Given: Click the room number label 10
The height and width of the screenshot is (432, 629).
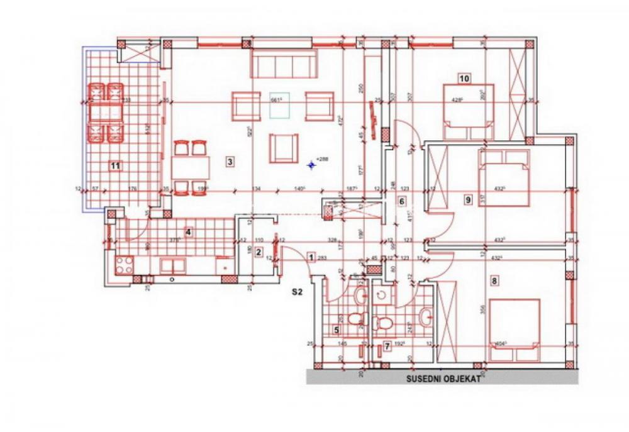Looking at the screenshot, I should pos(464,79).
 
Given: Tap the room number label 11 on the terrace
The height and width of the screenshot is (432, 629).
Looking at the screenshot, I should pos(114,166).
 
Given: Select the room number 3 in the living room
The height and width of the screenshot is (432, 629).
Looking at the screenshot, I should pos(230,162).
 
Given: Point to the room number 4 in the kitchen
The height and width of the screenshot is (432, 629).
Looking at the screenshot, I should pos(187,232).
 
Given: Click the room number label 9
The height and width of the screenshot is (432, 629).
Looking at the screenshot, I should pos(467,200).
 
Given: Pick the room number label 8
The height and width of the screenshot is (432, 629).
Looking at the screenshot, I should pos(494,281).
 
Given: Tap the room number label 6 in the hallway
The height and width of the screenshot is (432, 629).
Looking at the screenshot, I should pos(401,202).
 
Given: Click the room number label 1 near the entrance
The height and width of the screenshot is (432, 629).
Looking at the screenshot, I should pos(311,257).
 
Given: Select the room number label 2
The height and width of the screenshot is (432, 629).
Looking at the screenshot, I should pos(257,253).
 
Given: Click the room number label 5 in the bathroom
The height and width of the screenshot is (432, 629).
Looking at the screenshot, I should pos(337,330).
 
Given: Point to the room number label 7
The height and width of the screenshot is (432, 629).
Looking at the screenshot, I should pos(387,345).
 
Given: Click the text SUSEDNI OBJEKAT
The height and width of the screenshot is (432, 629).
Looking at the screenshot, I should pos(443,379).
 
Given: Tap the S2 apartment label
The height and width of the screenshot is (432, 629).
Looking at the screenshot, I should pos(298,292).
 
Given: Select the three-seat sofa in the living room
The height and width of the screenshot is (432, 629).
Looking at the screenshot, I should pos(284,64).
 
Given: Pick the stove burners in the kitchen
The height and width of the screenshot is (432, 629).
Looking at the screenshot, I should pos(124,263).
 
